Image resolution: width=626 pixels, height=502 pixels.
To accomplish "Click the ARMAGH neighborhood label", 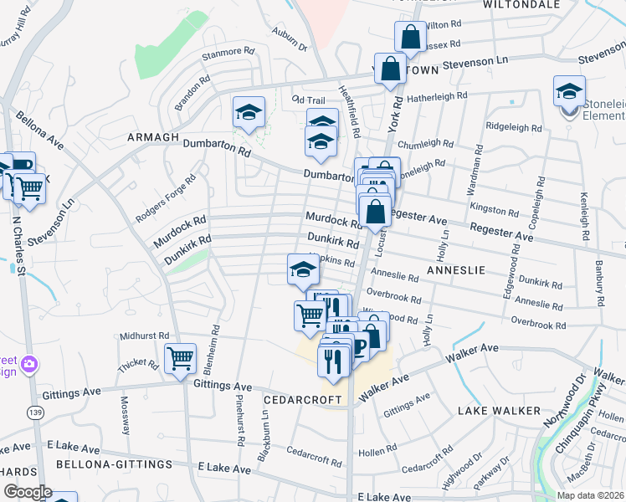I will coord(152,137).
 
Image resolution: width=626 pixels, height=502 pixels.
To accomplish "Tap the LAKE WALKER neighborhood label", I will coord(499,411).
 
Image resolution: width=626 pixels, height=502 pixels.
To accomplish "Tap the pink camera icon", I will coord(30,364).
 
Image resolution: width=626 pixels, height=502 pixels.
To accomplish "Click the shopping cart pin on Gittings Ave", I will coord(180,359).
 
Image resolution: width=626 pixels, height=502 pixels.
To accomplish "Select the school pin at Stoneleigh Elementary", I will coord(569,90).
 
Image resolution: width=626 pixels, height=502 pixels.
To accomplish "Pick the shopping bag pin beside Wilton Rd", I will coord(410,37).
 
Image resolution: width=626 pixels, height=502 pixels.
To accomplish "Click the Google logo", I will coord(27,492).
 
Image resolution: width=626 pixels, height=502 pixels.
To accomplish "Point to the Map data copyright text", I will coord(591,495).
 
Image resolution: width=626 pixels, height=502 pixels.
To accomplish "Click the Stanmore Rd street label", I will coord(227,52).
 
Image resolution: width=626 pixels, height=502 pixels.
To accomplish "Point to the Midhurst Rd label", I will coord(145,336).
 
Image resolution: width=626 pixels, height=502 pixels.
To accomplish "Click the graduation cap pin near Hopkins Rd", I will coord(303,269).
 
